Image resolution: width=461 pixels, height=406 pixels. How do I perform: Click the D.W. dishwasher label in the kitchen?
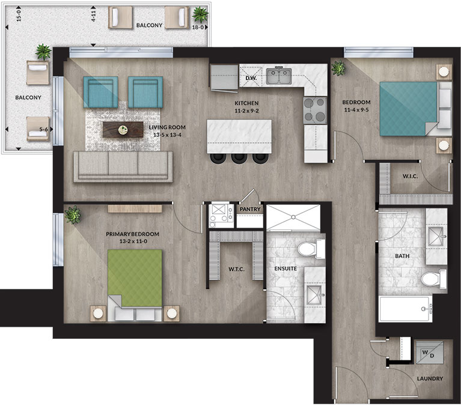pos(251,78)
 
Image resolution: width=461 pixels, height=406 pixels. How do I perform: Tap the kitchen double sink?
pos(279,76)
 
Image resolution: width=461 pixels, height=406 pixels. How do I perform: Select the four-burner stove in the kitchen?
pos(315,110)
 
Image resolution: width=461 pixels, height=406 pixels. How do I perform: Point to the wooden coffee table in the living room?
pos(123,130)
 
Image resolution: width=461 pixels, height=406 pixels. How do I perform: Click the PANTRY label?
pos(250,209)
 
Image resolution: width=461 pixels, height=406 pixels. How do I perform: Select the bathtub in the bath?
pos(405,309)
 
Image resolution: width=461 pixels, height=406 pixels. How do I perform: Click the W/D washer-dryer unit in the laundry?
pos(429,353)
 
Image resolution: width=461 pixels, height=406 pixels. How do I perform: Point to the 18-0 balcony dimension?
pos(198,27)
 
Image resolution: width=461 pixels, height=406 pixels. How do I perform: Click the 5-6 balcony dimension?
pos(43,129)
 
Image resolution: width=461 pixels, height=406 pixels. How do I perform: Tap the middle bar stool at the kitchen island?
pos(239,158)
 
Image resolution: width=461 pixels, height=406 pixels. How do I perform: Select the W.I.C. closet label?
pos(410,176)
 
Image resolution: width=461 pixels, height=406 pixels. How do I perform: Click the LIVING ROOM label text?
pos(167,127)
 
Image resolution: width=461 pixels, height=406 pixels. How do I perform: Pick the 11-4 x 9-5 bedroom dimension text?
pos(356,110)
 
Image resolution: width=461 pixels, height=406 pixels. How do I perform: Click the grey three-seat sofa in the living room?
pos(123,166)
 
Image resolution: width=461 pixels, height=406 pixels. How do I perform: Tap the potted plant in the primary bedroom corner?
pos(73,214)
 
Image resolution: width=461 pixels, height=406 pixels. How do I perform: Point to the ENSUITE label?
pos(285,268)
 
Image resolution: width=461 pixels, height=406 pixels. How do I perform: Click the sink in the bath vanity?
pos(436,236)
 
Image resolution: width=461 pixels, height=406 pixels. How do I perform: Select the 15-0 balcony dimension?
pos(19,16)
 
